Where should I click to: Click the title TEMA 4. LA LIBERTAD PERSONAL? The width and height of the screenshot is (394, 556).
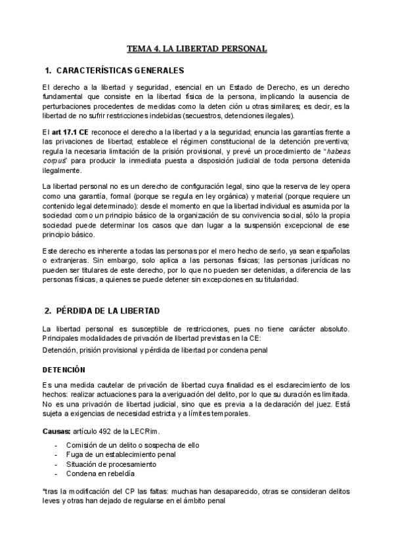197,49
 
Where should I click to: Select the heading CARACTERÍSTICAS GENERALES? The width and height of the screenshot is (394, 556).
121,70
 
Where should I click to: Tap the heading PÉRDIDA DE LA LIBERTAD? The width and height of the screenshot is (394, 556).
113,310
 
